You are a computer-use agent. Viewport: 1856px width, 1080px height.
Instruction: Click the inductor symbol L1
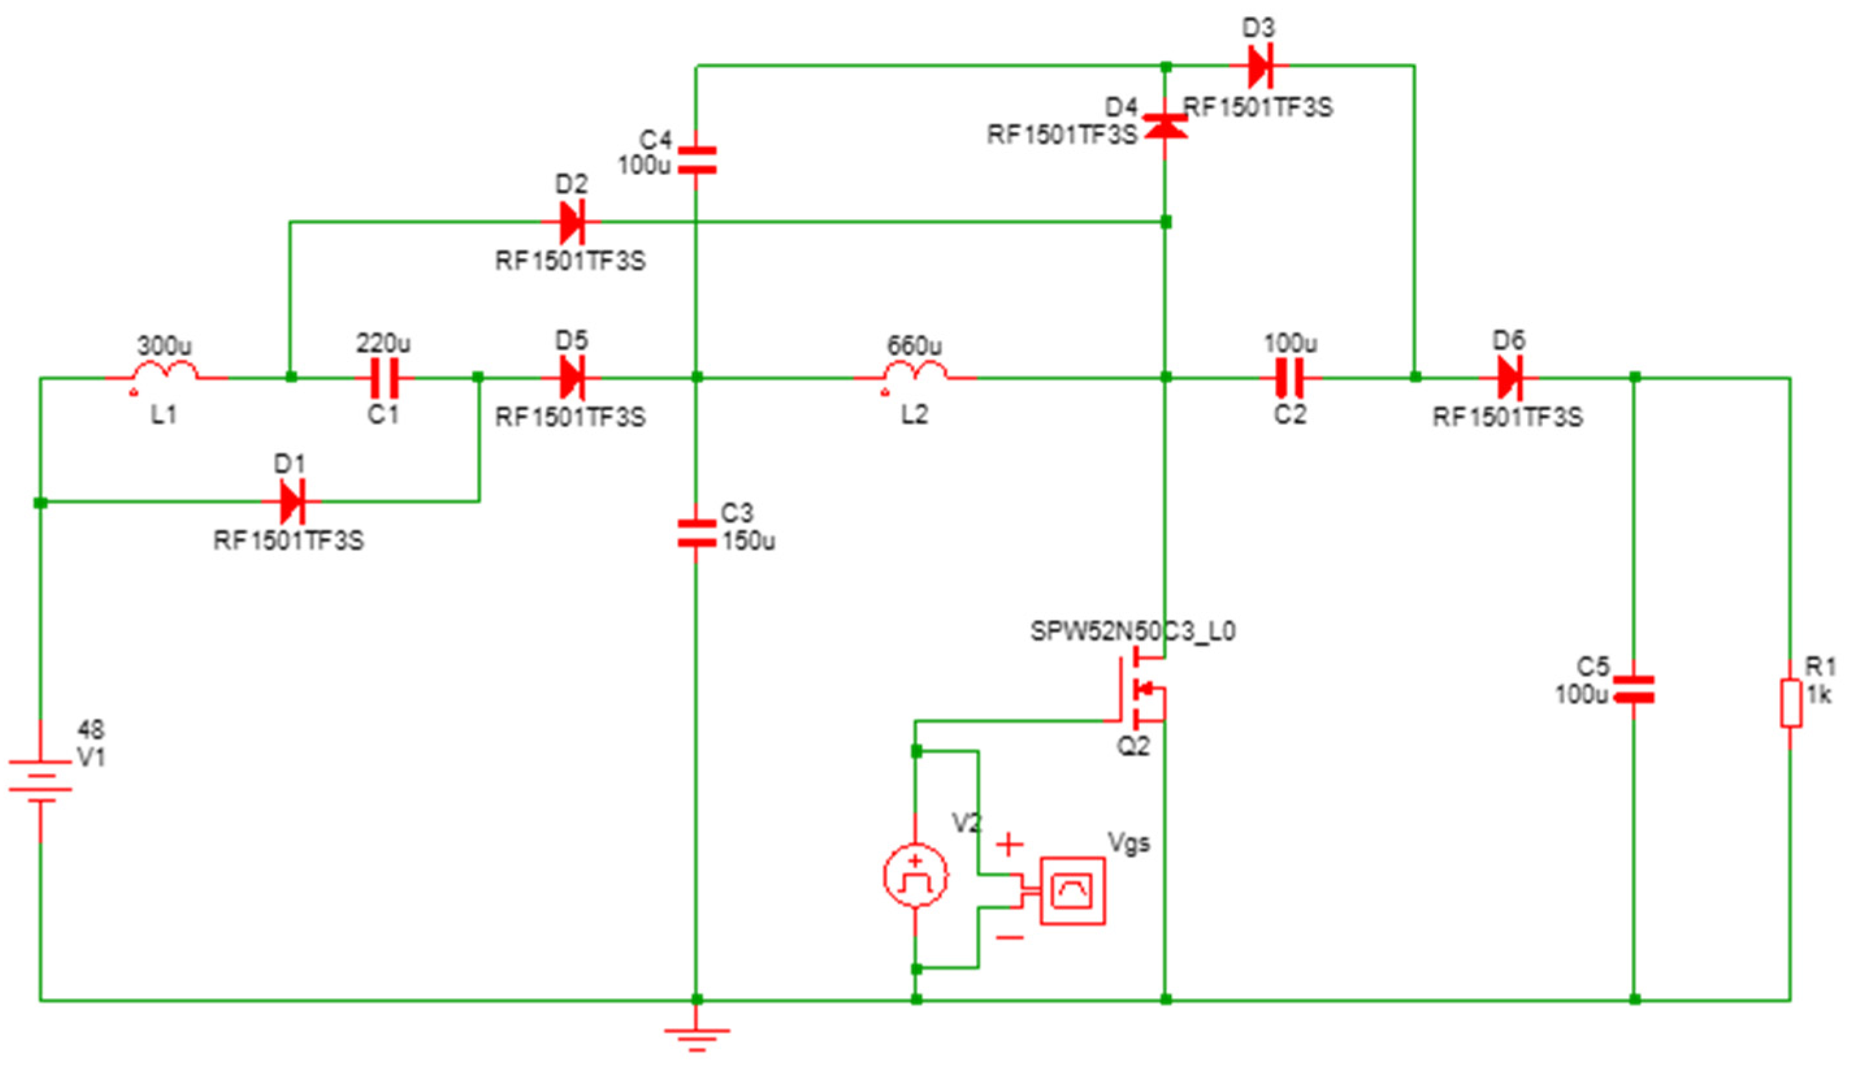165,371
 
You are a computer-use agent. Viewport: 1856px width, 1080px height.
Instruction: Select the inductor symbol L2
916,371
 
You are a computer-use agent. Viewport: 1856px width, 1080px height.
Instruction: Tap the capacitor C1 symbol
383,377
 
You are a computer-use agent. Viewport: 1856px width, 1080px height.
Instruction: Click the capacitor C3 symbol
696,533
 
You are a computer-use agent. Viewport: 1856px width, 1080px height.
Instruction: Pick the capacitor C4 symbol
696,160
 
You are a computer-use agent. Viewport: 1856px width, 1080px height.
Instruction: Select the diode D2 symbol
571,221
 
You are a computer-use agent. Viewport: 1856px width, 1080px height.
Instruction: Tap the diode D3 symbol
1259,66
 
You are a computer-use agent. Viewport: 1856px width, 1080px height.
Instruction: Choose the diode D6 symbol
1509,377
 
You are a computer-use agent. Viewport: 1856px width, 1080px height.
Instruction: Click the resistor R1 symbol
1791,704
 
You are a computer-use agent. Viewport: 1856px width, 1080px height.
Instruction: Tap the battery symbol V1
40,781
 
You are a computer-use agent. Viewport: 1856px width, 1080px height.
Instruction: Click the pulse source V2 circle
916,876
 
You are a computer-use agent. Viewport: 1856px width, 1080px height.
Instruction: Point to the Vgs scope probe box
1072,891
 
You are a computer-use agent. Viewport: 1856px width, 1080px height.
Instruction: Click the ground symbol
696,1036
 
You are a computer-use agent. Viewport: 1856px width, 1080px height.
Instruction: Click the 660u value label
914,345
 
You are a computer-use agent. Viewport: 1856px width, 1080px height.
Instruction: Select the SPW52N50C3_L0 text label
1132,631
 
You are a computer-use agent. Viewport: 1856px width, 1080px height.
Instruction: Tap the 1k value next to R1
1818,694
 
